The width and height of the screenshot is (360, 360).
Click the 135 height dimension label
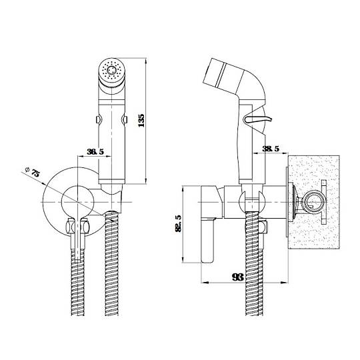[x=141, y=121]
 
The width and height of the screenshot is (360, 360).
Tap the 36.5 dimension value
[x=95, y=152]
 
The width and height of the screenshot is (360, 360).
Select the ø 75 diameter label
[x=33, y=172]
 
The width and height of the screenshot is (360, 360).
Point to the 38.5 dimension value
[x=271, y=149]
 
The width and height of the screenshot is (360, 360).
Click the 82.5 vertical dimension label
[x=178, y=223]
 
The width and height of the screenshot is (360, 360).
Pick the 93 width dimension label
[x=237, y=277]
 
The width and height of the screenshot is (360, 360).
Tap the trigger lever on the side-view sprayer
[x=258, y=119]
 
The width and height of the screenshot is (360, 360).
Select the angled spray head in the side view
[x=223, y=75]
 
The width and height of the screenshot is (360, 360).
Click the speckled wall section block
[x=313, y=202]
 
